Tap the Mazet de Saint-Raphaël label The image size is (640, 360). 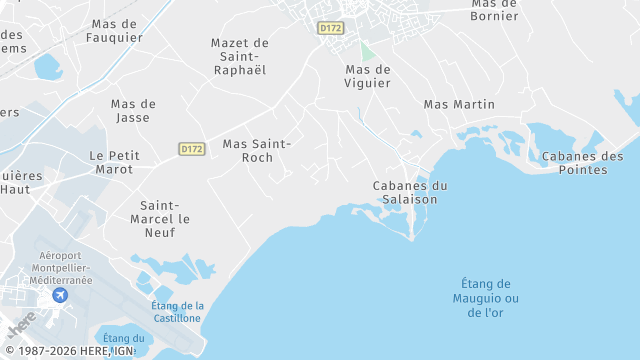(x=240, y=56)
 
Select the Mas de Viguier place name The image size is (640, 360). (x=367, y=77)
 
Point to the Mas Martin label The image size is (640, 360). (x=459, y=104)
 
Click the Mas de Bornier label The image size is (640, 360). (x=495, y=10)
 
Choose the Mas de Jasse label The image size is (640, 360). (x=133, y=110)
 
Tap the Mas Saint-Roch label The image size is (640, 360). (x=257, y=150)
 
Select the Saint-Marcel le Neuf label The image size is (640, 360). (x=159, y=218)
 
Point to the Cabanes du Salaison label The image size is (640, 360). (x=409, y=192)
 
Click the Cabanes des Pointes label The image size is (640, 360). (x=582, y=162)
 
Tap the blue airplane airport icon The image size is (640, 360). (x=60, y=294)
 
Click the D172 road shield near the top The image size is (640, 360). (x=330, y=28)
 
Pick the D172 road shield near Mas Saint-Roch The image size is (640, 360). (x=192, y=149)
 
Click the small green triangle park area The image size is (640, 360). (x=367, y=52)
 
